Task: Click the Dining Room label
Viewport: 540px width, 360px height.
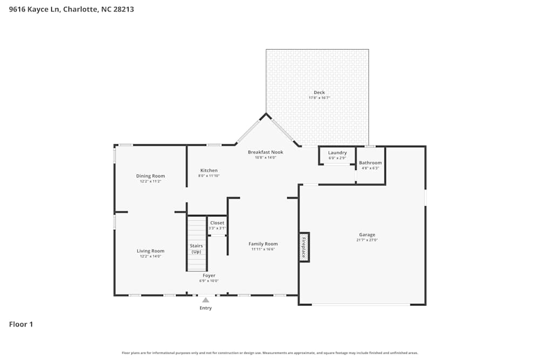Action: point(151,176)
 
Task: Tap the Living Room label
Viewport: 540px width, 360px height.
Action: point(150,251)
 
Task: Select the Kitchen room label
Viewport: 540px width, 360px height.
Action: point(208,171)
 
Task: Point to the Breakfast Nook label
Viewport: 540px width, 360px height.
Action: point(265,152)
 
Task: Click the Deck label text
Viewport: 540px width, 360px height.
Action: point(319,92)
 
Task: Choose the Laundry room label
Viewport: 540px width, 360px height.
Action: point(337,153)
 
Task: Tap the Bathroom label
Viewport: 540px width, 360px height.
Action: point(370,162)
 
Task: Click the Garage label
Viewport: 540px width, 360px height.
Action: point(367,235)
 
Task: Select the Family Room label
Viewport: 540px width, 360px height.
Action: point(263,244)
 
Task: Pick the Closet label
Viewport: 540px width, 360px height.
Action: point(217,223)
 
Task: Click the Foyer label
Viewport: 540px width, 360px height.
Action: point(209,275)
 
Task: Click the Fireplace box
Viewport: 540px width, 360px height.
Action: point(305,247)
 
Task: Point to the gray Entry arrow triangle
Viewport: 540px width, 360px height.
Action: point(206,300)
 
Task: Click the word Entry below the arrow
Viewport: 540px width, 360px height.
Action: point(206,308)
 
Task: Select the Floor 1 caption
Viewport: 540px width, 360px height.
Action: point(21,324)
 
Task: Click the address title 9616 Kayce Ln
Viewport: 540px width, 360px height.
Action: point(71,9)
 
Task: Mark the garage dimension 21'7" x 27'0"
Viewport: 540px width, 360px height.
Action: point(367,240)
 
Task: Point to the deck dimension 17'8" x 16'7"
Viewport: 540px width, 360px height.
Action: point(319,98)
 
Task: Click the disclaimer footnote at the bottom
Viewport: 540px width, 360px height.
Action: point(270,353)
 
